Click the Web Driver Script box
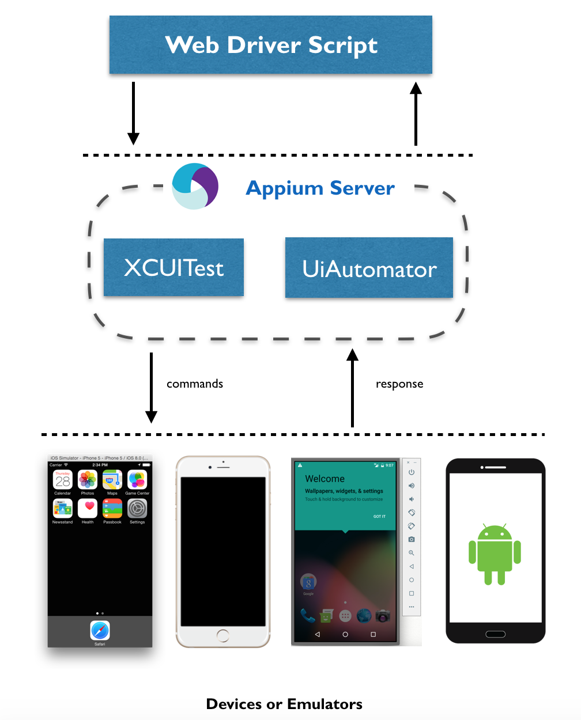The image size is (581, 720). coord(271,45)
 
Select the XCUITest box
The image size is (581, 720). coord(173,268)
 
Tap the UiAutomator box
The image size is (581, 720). coord(369,268)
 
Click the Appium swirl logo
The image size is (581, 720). coord(195,186)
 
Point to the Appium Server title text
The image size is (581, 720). coord(320,188)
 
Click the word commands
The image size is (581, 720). coord(195,384)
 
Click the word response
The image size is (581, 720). coord(399,384)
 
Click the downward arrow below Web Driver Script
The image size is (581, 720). coord(133,113)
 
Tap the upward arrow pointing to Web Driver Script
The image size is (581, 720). coord(416,113)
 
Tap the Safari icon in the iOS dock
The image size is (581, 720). coord(100,630)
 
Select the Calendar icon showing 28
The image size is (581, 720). coord(63,480)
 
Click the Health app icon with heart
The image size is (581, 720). coord(88,508)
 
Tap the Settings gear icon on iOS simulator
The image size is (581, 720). coord(137,508)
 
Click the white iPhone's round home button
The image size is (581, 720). coord(223,635)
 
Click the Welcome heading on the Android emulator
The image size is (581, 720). coord(325,479)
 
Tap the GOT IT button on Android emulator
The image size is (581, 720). coord(379,516)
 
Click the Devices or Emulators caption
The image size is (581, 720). coord(284,704)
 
